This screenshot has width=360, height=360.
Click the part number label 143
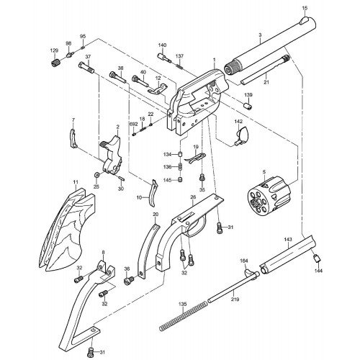coord(288,239)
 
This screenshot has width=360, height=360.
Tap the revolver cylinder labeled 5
coord(269,195)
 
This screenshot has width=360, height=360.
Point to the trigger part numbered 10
coord(153,193)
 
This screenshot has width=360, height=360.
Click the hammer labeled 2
coord(112,155)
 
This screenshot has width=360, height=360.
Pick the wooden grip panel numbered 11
coord(67,230)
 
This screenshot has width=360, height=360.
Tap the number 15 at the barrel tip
coord(305,8)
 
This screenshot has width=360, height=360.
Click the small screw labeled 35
coord(202,178)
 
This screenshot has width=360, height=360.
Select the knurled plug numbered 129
coord(55,62)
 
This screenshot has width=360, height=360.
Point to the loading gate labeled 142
coord(241,136)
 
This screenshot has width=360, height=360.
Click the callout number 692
coord(133,125)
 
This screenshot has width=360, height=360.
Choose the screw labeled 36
coord(129,280)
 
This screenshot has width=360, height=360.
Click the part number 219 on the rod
coord(235,300)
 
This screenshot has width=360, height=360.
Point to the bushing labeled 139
coord(248,105)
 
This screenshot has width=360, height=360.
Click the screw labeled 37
coord(86,68)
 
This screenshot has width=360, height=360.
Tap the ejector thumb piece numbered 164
coord(249,274)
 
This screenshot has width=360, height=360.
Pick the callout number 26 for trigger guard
coord(193,197)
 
